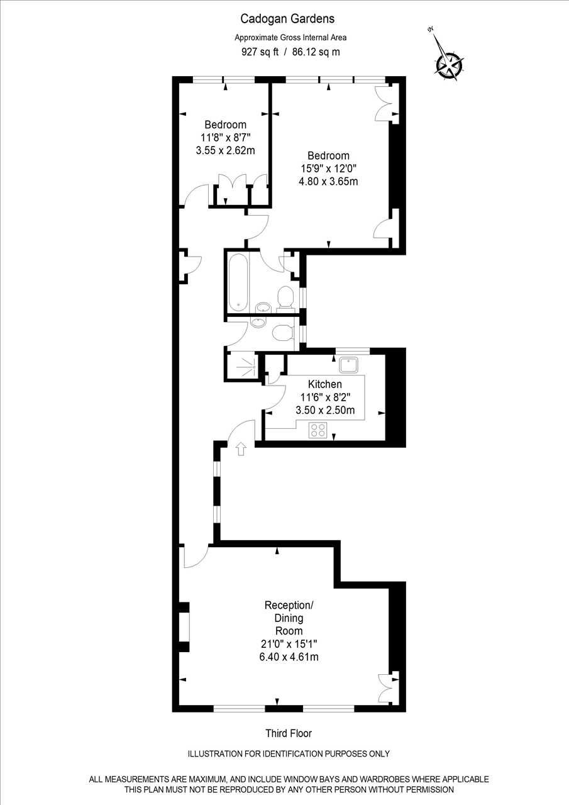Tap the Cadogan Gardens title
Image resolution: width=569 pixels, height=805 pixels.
(x=287, y=19)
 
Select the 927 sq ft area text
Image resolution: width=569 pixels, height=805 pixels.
(x=260, y=52)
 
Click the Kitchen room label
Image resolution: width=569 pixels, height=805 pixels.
(x=325, y=384)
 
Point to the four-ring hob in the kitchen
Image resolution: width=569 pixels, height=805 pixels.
(x=318, y=430)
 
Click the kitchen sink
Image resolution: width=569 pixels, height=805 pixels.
(x=348, y=365)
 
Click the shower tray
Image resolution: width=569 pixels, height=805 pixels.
(x=243, y=367)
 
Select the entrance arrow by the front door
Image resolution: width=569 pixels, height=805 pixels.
(x=241, y=449)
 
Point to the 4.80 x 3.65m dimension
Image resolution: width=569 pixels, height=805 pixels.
(x=328, y=181)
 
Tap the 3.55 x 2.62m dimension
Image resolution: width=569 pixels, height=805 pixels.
(x=225, y=150)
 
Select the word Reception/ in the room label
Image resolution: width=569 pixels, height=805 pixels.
(x=289, y=605)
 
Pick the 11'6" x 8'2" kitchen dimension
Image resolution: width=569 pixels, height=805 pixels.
(x=325, y=397)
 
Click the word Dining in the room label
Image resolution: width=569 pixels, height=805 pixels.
(x=289, y=618)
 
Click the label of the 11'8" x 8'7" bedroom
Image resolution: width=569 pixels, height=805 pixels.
(x=225, y=125)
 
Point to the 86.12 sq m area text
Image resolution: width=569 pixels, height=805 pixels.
(x=316, y=52)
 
